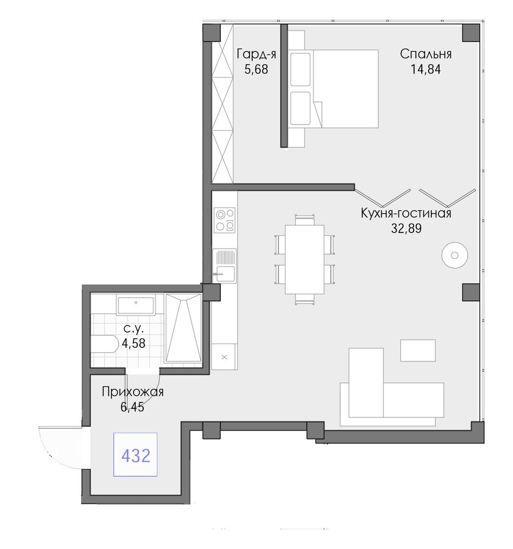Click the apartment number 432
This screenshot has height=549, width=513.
tap(136, 456)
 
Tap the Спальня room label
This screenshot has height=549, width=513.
tap(426, 54)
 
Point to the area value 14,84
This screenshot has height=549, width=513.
tap(426, 70)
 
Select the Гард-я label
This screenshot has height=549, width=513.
tap(256, 54)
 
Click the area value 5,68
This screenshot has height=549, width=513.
tap(256, 70)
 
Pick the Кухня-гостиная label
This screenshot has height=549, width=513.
tap(406, 213)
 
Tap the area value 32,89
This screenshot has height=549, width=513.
tap(406, 229)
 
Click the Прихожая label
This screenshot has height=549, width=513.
tap(132, 392)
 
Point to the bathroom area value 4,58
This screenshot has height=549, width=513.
tap(133, 343)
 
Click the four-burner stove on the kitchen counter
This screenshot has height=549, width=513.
tap(225, 221)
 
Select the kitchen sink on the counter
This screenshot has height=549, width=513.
tap(225, 265)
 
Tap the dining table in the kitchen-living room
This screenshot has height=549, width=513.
tap(305, 259)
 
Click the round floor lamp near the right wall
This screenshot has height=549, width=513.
tap(455, 255)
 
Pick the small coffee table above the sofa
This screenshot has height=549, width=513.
tap(418, 350)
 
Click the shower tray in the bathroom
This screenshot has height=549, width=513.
tap(184, 328)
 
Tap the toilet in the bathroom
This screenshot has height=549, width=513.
tap(105, 345)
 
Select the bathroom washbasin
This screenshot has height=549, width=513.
tap(136, 305)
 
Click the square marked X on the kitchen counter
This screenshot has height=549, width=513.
tap(225, 357)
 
